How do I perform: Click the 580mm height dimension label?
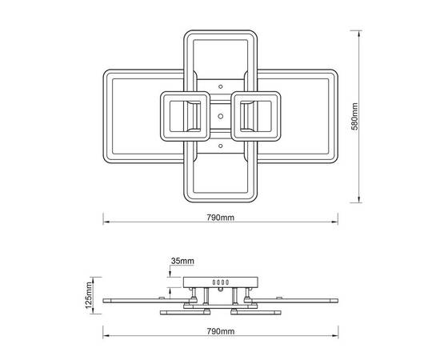tap(355, 117)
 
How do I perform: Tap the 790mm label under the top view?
tap(221, 218)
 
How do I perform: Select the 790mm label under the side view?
tap(221, 331)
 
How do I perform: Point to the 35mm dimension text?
tap(182, 261)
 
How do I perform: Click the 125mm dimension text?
tap(89, 295)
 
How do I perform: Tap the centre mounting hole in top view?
tap(221, 116)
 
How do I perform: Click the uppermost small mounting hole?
tap(221, 86)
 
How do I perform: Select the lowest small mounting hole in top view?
tap(221, 146)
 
